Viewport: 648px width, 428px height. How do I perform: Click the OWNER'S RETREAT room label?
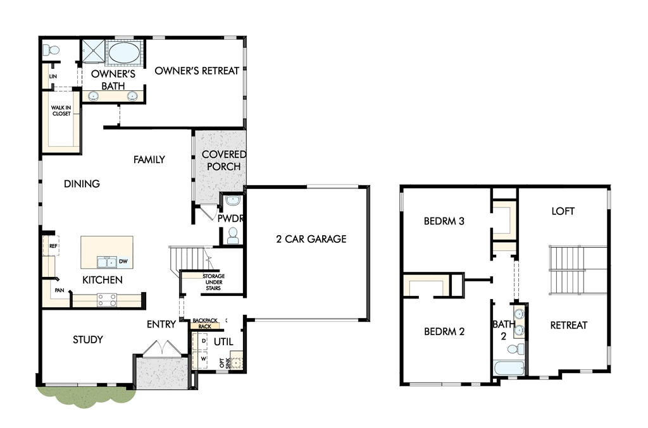pyautogui.click(x=197, y=71)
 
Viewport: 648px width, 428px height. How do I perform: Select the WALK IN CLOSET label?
pyautogui.click(x=61, y=111)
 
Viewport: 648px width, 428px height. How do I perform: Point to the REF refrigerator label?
pyautogui.click(x=53, y=246)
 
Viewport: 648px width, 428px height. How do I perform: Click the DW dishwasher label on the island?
pyautogui.click(x=123, y=261)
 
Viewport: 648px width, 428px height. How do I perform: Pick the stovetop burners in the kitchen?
pyautogui.click(x=106, y=300)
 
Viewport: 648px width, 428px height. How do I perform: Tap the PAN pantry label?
pyautogui.click(x=59, y=290)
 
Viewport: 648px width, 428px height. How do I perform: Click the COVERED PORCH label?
pyautogui.click(x=223, y=160)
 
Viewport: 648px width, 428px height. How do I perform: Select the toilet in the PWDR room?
pyautogui.click(x=233, y=236)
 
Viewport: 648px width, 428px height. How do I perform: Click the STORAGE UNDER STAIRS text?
pyautogui.click(x=214, y=282)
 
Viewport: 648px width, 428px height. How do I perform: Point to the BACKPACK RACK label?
pyautogui.click(x=205, y=323)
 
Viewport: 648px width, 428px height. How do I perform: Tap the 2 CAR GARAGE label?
pyautogui.click(x=311, y=239)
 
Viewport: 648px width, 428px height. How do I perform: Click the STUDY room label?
pyautogui.click(x=88, y=339)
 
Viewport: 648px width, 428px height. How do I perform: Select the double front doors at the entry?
pyautogui.click(x=161, y=347)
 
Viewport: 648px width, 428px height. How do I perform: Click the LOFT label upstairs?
pyautogui.click(x=563, y=211)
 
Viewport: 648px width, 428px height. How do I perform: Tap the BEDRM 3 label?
pyautogui.click(x=444, y=221)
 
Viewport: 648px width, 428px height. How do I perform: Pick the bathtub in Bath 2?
pyautogui.click(x=509, y=368)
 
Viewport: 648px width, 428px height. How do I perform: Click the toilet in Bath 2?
pyautogui.click(x=516, y=349)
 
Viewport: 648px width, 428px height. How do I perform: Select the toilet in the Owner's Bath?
pyautogui.click(x=51, y=51)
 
